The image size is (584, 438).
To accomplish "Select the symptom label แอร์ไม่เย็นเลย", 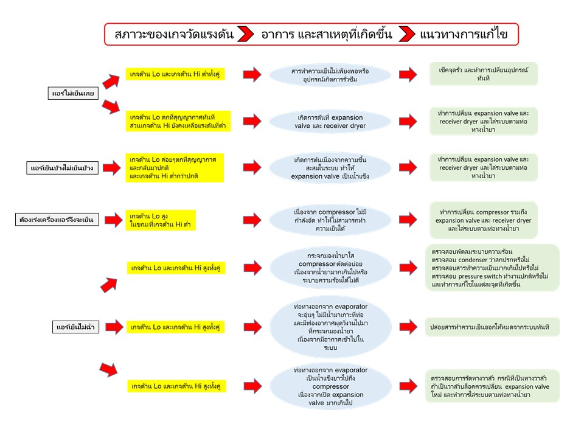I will click(x=74, y=94).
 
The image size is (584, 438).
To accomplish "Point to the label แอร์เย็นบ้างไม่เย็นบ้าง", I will click(x=64, y=167).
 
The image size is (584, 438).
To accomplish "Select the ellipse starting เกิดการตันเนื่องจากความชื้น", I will click(x=330, y=167).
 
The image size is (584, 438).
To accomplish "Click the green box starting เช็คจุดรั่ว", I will click(x=484, y=74).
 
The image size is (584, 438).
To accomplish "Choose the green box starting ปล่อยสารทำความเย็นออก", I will click(x=484, y=327).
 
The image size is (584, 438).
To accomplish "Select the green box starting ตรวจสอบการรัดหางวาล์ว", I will click(x=492, y=386).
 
